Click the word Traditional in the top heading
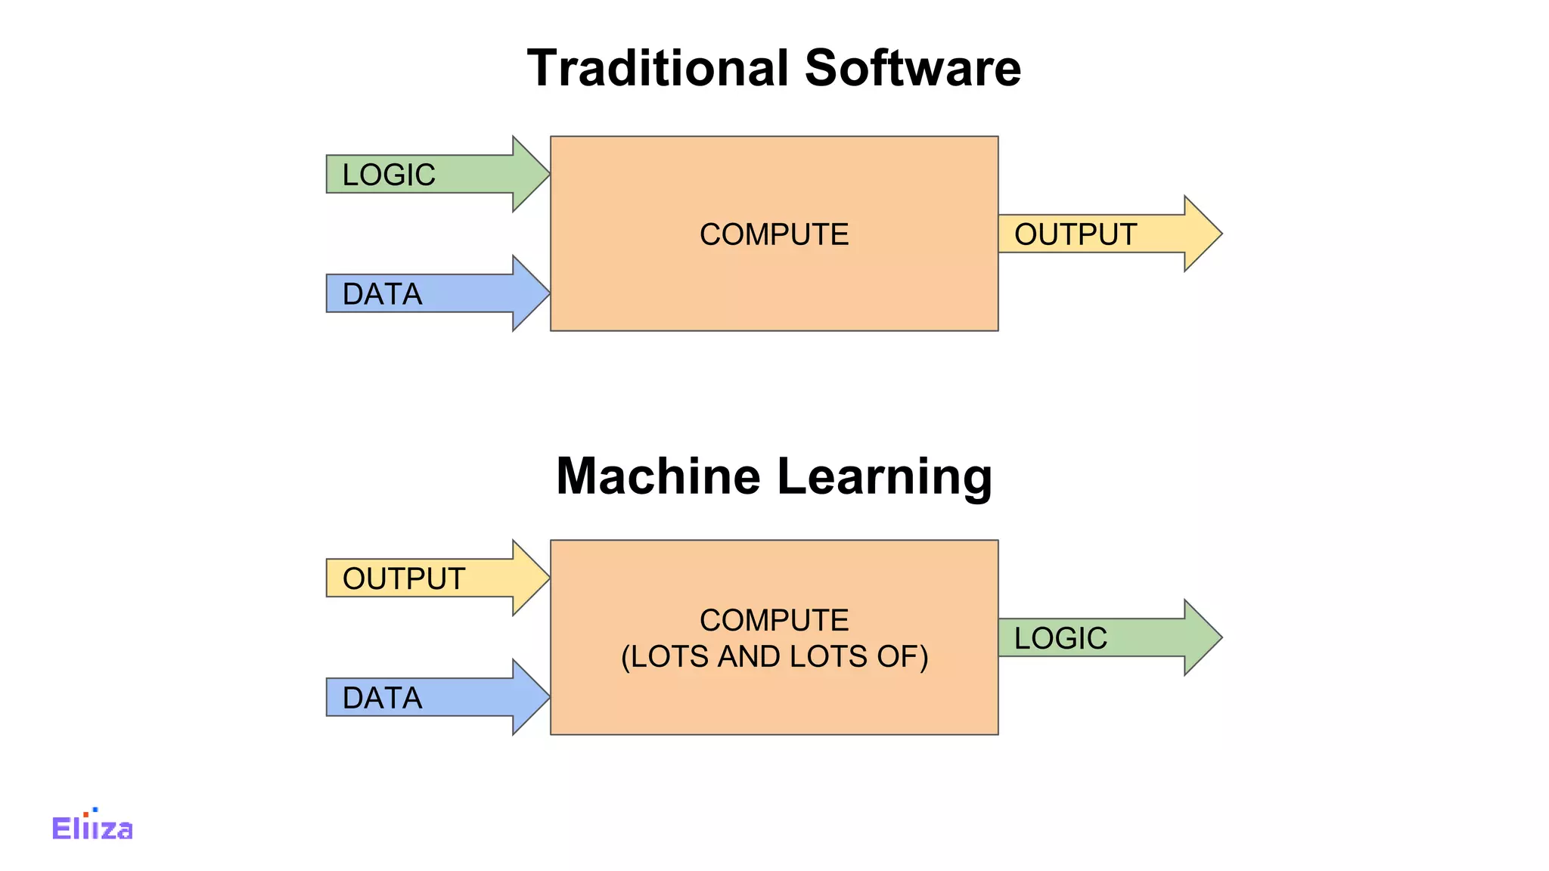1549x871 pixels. point(659,68)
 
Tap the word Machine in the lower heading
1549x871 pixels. point(658,476)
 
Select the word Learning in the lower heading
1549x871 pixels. point(884,476)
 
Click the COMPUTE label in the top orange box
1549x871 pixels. point(774,234)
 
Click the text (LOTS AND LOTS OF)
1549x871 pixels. point(774,656)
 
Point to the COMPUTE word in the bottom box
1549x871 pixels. point(774,620)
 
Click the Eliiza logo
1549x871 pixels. point(92,828)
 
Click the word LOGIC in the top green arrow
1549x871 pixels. point(389,175)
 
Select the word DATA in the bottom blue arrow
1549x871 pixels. point(382,698)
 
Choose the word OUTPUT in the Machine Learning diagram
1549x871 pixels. point(403,578)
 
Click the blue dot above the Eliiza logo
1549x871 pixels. point(95,810)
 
